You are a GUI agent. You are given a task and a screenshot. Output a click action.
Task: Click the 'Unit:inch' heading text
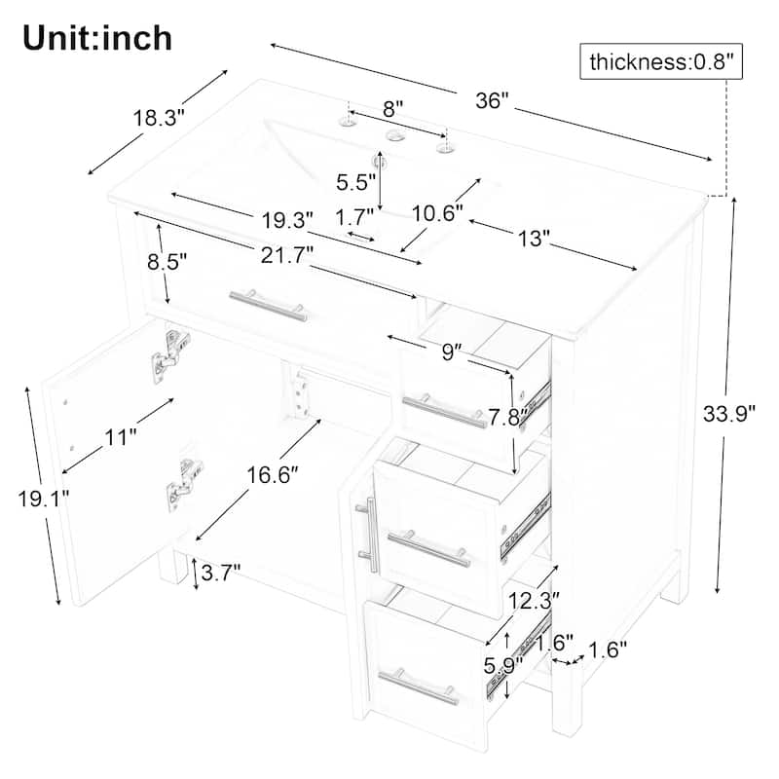pyautogui.click(x=97, y=38)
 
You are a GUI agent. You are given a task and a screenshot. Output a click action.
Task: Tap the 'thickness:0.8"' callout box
pyautogui.click(x=661, y=61)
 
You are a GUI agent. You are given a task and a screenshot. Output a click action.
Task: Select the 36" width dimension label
pyautogui.click(x=493, y=101)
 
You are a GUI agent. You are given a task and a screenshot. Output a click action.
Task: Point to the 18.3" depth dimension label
pyautogui.click(x=159, y=118)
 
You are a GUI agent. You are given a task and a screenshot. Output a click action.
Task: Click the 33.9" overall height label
pyautogui.click(x=728, y=413)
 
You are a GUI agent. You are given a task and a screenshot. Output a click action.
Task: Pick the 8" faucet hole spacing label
pyautogui.click(x=392, y=109)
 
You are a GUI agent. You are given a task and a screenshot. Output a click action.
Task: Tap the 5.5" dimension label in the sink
pyautogui.click(x=355, y=182)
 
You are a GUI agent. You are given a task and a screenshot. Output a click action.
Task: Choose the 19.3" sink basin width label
pyautogui.click(x=287, y=220)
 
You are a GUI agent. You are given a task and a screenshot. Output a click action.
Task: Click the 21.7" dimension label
pyautogui.click(x=287, y=256)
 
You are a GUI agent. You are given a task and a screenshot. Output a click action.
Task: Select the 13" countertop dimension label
pyautogui.click(x=534, y=239)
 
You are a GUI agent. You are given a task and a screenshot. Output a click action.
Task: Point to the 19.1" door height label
pyautogui.click(x=43, y=499)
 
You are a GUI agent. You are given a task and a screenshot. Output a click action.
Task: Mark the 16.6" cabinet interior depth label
pyautogui.click(x=273, y=475)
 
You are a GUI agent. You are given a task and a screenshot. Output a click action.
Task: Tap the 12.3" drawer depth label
pyautogui.click(x=534, y=601)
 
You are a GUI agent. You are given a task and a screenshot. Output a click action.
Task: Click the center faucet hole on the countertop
pyautogui.click(x=395, y=135)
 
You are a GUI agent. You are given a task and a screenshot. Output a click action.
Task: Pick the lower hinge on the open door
pyautogui.click(x=184, y=484)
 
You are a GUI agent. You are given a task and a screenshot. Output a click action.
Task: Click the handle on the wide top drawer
pyautogui.click(x=268, y=306)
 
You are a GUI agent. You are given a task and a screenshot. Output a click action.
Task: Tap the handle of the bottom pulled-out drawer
pyautogui.click(x=419, y=686)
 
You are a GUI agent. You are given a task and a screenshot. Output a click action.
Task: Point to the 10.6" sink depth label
pyautogui.click(x=437, y=213)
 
